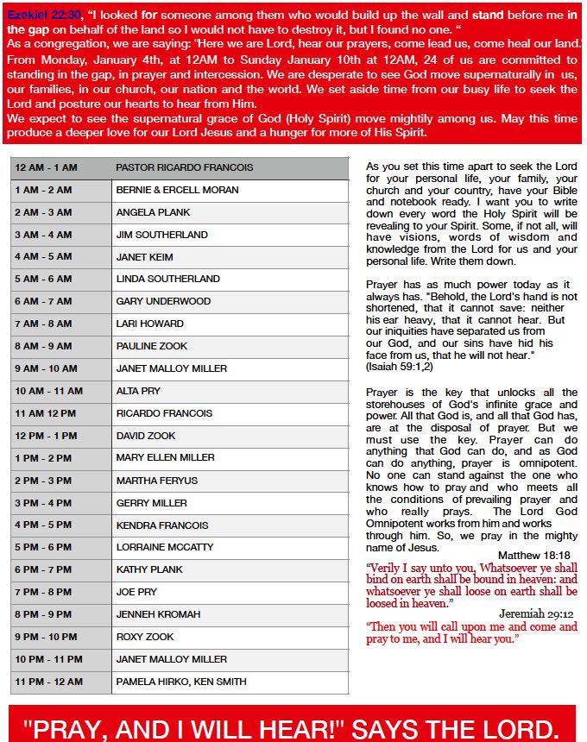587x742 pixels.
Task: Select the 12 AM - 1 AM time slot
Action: [x=46, y=167]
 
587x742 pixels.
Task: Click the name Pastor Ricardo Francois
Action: [x=184, y=167]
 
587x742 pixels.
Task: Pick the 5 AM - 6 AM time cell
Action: [x=43, y=279]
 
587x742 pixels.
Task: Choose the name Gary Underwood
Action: [x=163, y=301]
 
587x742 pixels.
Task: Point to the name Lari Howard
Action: [x=149, y=324]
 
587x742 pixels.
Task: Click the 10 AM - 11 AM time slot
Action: [x=48, y=391]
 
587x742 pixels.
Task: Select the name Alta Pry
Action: [x=138, y=391]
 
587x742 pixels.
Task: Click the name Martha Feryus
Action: [x=156, y=481]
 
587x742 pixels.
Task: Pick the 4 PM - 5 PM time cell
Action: [x=43, y=525]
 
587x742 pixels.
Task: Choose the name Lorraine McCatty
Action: [x=165, y=547]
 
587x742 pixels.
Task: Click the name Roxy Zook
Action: [x=145, y=637]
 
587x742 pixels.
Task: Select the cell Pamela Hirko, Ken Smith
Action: [x=181, y=682]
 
